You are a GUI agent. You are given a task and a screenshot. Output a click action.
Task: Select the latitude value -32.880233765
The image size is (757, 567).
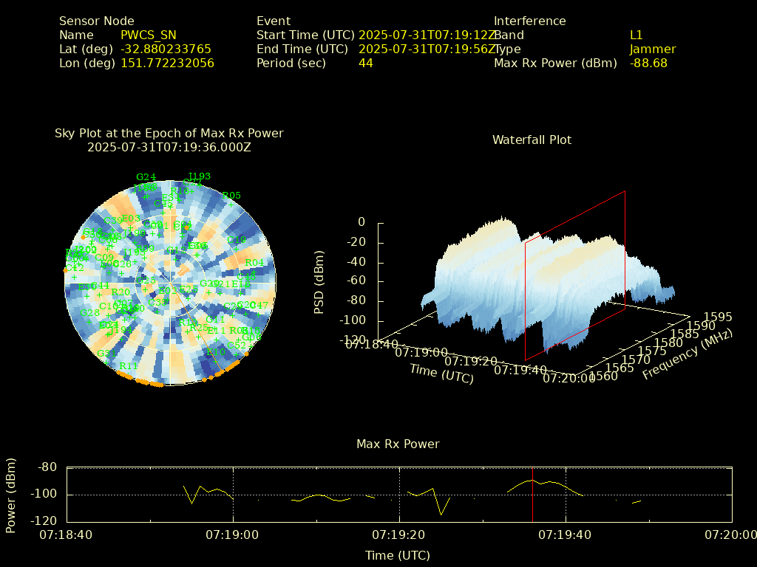(x=166, y=49)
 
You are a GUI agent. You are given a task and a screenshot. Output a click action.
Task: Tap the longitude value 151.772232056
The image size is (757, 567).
(x=167, y=63)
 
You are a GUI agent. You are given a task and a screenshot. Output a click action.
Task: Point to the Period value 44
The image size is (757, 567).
(x=365, y=63)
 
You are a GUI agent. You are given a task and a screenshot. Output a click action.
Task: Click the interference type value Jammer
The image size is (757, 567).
(x=653, y=49)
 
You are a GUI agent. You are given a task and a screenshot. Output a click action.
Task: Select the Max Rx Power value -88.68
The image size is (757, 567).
(x=648, y=63)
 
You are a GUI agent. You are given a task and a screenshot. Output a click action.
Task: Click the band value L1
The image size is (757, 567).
(x=636, y=35)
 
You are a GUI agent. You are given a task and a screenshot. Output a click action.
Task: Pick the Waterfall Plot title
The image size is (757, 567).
(x=532, y=140)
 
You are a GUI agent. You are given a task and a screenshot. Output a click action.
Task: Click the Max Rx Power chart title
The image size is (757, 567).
(x=398, y=444)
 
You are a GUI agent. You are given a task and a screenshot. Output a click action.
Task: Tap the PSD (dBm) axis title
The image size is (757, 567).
(x=319, y=281)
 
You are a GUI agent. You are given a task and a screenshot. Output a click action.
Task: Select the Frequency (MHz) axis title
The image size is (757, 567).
(x=687, y=355)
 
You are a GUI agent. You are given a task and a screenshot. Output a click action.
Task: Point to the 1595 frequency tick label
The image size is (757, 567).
(x=719, y=317)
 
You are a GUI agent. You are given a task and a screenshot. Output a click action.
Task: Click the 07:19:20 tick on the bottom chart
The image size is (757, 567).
(x=400, y=535)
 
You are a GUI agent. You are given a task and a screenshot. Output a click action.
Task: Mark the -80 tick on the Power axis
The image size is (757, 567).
(x=48, y=467)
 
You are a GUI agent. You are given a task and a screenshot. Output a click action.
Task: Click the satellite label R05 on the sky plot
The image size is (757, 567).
(x=231, y=196)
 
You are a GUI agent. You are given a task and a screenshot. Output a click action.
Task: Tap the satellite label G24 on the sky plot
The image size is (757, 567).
(x=146, y=176)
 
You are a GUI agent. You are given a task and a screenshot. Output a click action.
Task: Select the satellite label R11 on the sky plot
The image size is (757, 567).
(x=129, y=365)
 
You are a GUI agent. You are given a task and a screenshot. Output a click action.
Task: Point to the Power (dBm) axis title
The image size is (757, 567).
(x=11, y=494)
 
